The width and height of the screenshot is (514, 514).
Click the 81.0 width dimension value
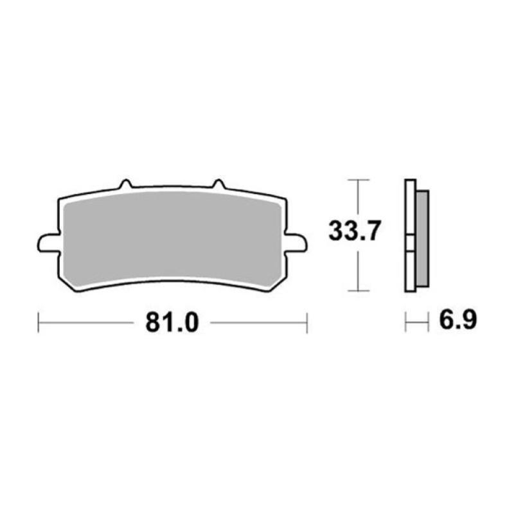pyautogui.click(x=172, y=323)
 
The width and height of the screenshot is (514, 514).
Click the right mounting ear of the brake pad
pyautogui.click(x=296, y=243)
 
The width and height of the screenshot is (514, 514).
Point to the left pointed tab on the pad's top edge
pyautogui.click(x=125, y=184)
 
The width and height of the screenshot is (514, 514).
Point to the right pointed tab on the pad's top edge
pyautogui.click(x=218, y=184)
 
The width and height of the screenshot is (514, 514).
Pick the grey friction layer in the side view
pyautogui.click(x=422, y=238)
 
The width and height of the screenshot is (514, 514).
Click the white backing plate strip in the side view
pyautogui.click(x=409, y=238)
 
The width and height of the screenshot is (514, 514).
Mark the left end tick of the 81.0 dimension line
pyautogui.click(x=39, y=323)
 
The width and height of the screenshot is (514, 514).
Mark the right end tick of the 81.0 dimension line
pyautogui.click(x=307, y=323)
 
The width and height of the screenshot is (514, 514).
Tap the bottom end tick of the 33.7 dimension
pyautogui.click(x=358, y=290)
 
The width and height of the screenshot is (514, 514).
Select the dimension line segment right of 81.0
pyautogui.click(x=257, y=323)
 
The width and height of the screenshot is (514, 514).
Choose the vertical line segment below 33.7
pyautogui.click(x=358, y=270)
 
